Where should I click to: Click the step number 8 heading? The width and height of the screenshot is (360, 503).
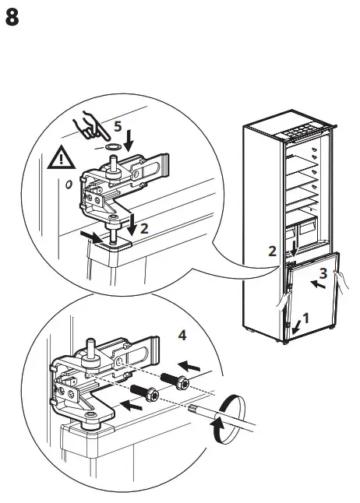tap(13, 18)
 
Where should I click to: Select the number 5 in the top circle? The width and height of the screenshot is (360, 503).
tap(118, 125)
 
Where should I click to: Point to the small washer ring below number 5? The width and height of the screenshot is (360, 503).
tap(112, 145)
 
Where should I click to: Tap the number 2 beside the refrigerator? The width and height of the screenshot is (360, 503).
tap(271, 251)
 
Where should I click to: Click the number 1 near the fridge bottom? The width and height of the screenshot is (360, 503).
tap(305, 318)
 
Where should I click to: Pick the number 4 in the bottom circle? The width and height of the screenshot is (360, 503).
tap(182, 336)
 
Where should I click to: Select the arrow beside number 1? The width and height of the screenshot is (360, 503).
tap(296, 326)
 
